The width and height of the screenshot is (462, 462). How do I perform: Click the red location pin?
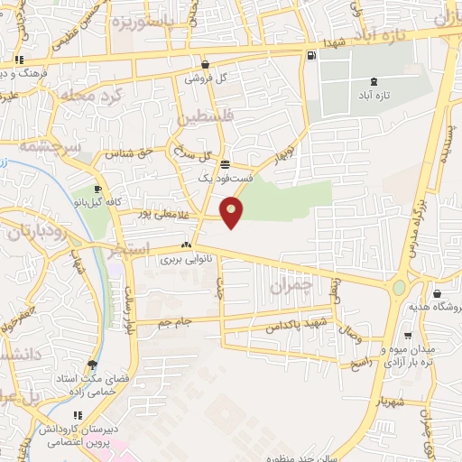(x=233, y=213)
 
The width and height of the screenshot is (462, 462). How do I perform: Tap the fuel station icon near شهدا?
(x=311, y=56)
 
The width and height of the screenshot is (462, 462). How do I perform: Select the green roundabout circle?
(x=398, y=289)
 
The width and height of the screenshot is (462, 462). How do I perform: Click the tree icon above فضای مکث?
(x=92, y=365)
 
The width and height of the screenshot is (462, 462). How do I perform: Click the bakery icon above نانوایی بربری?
(x=186, y=245)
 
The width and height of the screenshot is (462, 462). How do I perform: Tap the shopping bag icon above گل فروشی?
(x=206, y=64)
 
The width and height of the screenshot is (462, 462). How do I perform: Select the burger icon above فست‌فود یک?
(x=224, y=165)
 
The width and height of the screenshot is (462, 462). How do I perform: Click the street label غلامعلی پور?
(x=162, y=214)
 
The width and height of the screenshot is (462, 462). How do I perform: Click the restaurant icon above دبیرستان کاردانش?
(x=79, y=415)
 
